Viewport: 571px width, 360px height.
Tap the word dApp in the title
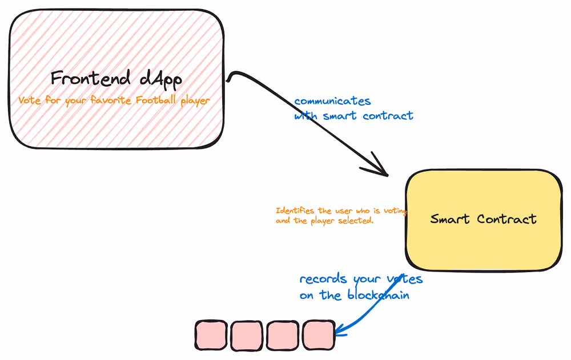161,79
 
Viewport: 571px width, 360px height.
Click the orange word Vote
29,100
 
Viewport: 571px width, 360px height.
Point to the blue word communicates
332,102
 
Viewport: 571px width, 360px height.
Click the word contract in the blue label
388,116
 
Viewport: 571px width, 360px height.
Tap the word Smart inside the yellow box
451,219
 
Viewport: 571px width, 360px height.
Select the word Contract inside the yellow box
507,219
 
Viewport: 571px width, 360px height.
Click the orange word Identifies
295,211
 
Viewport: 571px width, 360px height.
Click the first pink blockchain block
211,335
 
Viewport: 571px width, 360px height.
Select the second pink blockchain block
247,335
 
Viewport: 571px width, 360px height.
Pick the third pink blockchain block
282,335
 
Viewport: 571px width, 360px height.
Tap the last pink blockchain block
317,335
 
